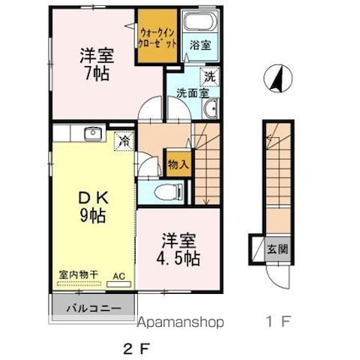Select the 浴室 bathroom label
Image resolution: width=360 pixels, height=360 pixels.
200,44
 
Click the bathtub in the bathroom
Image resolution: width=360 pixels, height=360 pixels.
200,24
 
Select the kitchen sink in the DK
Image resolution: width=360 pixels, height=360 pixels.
92,134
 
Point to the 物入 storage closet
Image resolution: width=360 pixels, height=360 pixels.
177,163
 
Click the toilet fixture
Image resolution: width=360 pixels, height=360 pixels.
165,191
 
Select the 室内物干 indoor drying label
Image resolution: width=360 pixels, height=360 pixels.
79,274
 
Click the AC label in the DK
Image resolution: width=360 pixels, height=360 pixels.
119,274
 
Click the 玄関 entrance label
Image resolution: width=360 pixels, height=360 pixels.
277,249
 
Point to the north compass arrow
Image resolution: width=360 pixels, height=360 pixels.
274,79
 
